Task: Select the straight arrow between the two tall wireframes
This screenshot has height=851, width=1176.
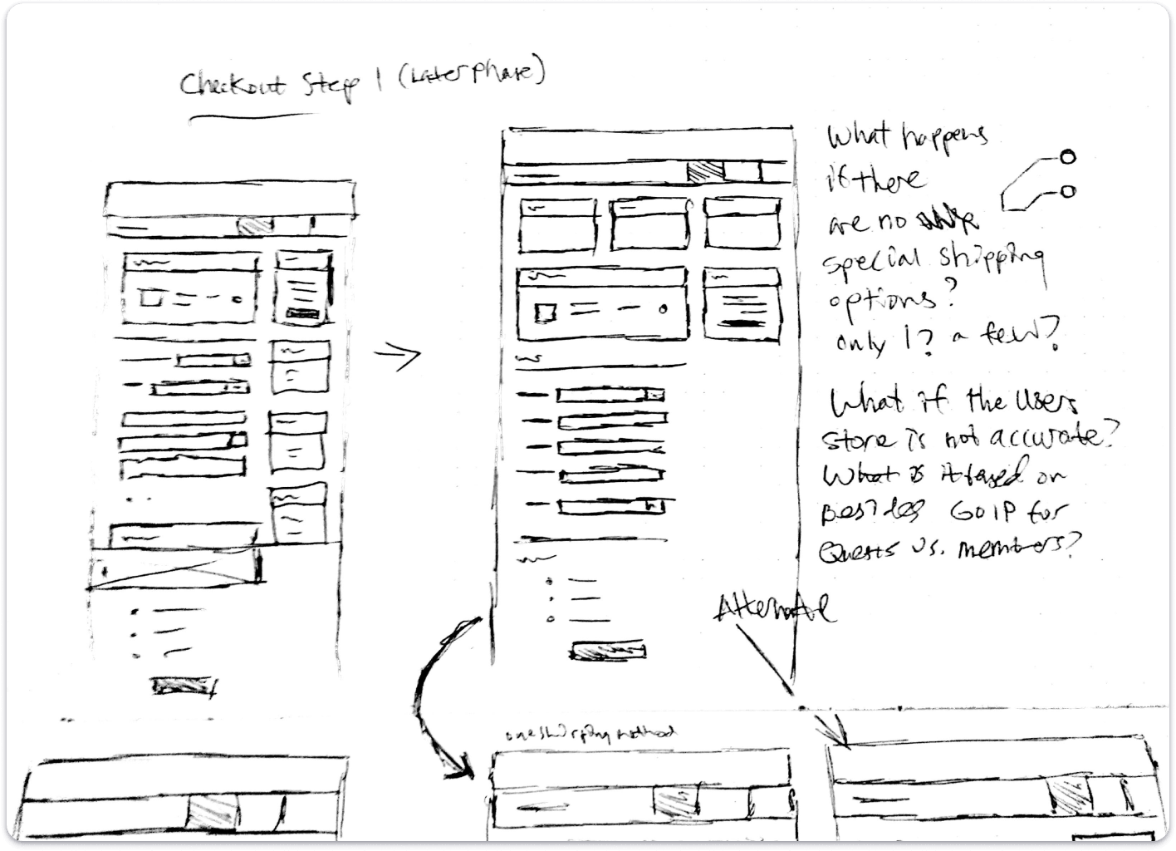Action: tap(397, 357)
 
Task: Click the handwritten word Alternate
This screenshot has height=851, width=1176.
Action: tap(777, 609)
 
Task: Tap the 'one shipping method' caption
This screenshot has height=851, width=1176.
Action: tap(590, 733)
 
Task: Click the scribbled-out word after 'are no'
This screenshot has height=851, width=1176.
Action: tap(946, 220)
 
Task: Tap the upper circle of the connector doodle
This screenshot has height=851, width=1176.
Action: tap(1067, 156)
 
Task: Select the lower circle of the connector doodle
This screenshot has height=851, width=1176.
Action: tap(1068, 192)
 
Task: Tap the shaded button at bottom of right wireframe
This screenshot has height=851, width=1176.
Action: tap(608, 651)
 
